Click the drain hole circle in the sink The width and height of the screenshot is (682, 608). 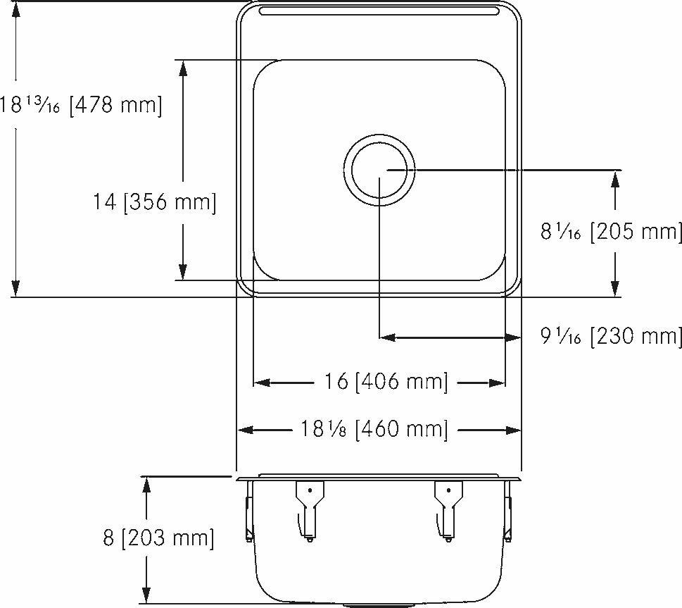point(379,170)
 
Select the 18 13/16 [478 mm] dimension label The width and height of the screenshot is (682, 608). point(81,106)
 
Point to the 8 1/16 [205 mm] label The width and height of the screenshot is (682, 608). point(611,232)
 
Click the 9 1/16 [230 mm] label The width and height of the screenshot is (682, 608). point(611,337)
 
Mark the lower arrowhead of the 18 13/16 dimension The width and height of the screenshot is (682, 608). point(15,288)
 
